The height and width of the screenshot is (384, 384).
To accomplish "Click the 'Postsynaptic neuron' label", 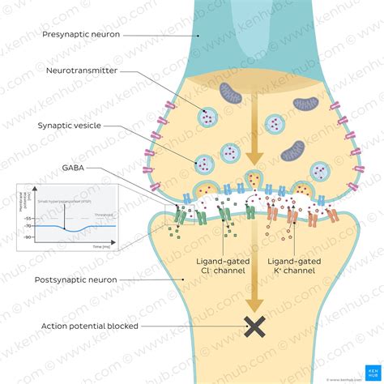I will [76, 279].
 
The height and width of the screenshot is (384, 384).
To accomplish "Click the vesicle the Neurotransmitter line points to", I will [208, 118].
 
